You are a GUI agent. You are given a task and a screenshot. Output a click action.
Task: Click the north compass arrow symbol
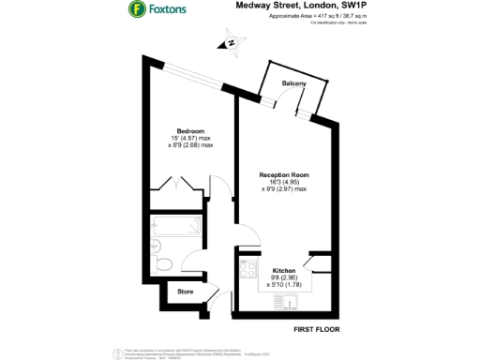pos(228,42)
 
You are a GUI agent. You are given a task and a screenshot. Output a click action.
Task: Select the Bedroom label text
pos(190,130)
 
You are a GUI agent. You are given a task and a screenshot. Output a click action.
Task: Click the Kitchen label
pos(284,269)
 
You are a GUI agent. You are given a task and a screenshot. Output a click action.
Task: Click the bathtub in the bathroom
pos(173,226)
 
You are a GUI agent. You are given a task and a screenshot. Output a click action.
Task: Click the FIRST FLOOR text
pos(316,329)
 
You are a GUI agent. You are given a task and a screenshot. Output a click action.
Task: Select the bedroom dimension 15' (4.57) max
pos(190,138)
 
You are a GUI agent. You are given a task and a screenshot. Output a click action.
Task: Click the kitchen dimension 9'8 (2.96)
pos(284,277)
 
